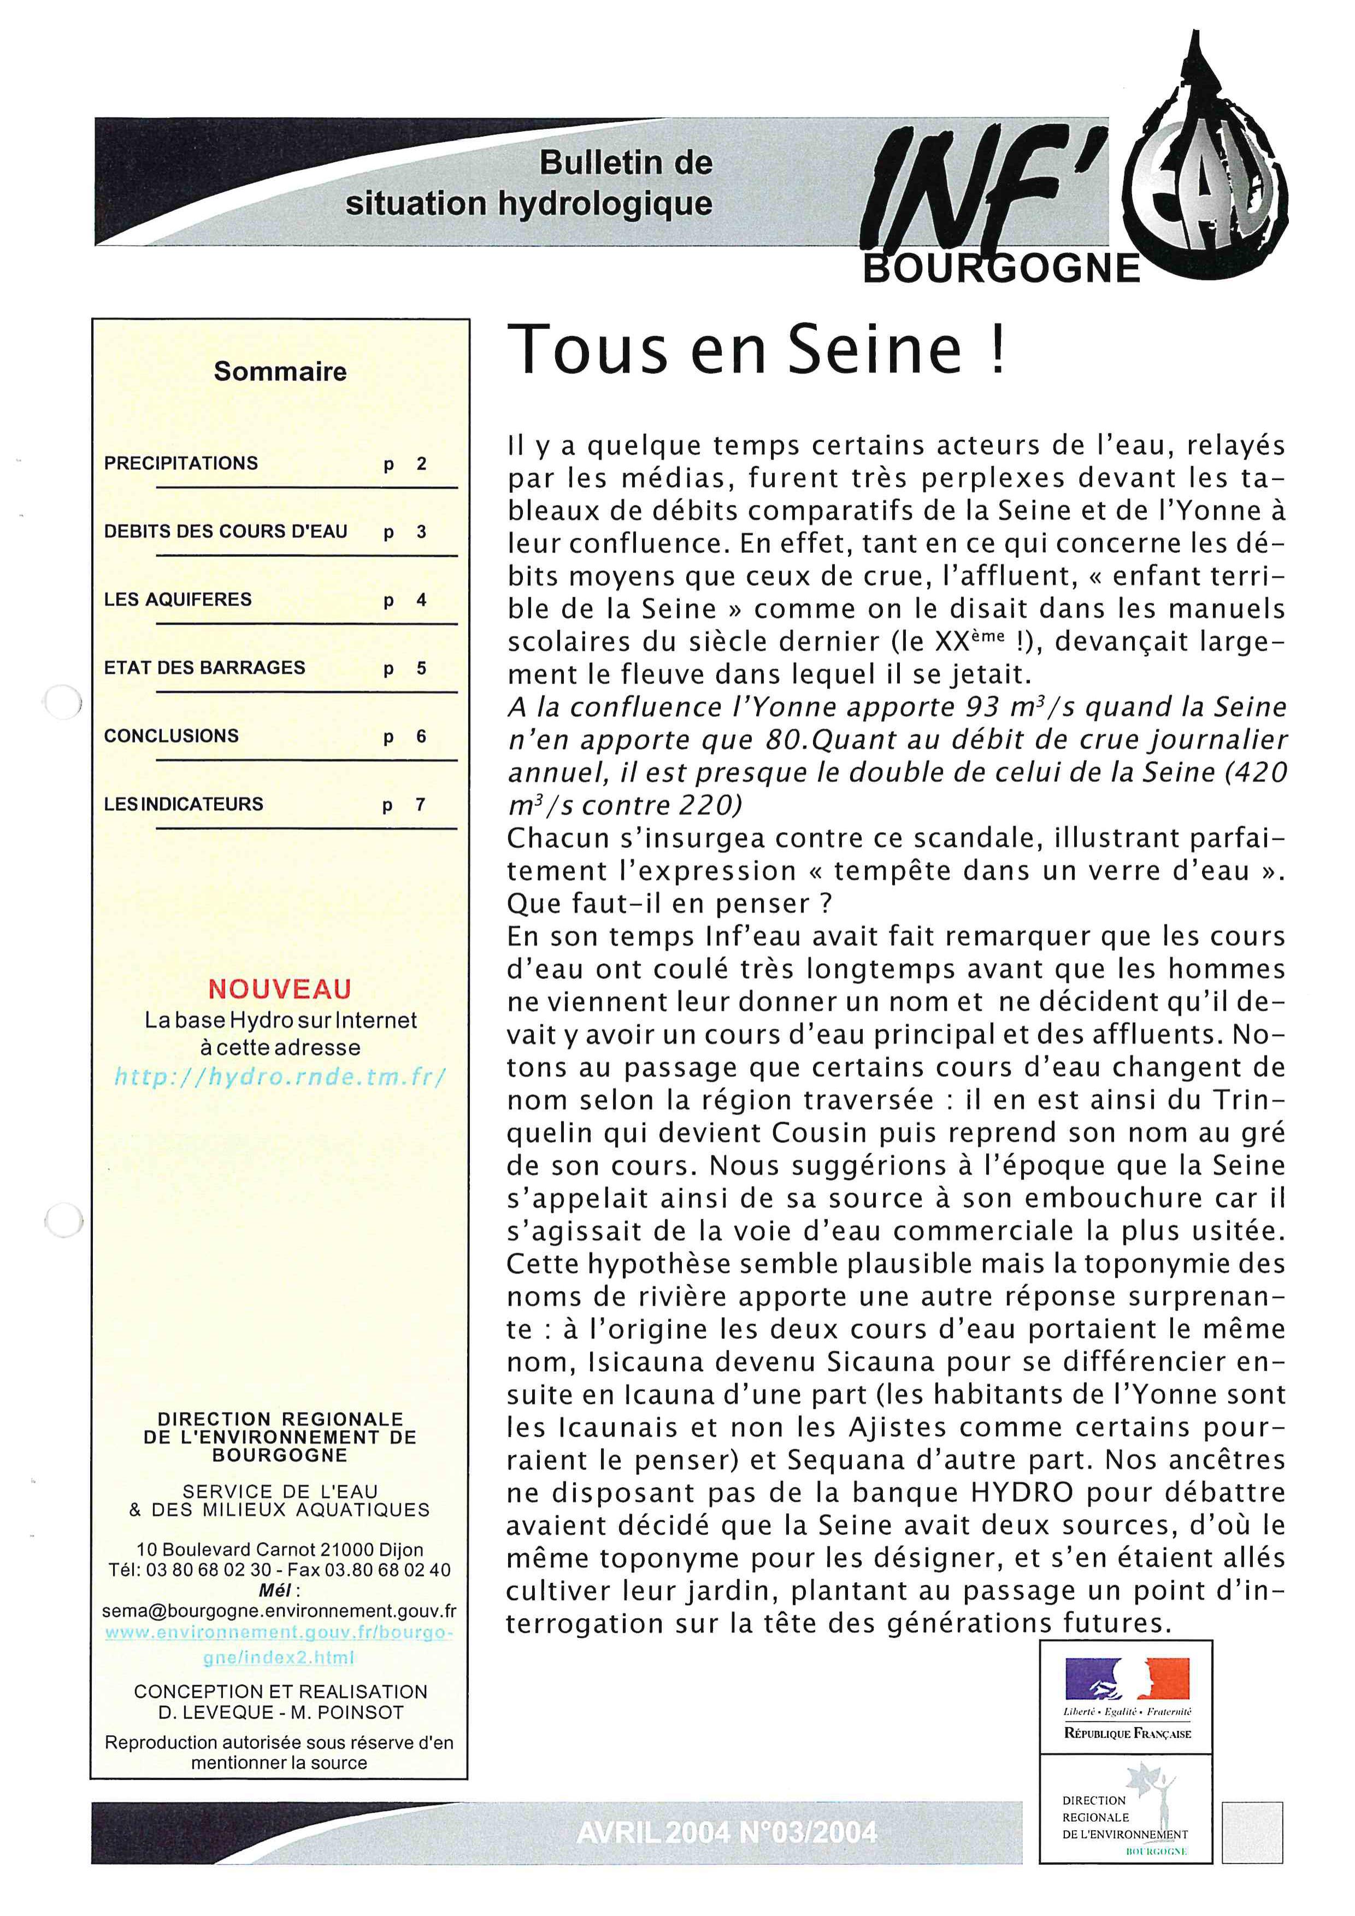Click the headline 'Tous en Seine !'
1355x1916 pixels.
[x=758, y=350]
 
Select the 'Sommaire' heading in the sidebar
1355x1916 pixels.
[x=280, y=372]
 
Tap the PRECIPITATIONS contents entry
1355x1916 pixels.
[x=181, y=463]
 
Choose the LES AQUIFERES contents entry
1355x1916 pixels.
[x=178, y=599]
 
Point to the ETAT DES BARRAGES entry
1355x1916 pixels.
[x=204, y=668]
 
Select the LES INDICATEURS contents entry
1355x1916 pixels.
[x=184, y=804]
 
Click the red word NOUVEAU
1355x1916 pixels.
[x=280, y=990]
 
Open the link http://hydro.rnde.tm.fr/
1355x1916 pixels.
[x=280, y=1077]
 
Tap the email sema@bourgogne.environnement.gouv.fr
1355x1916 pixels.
[x=279, y=1611]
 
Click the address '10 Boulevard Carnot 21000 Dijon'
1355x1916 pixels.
[x=280, y=1549]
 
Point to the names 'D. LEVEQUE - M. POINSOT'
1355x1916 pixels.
[x=280, y=1712]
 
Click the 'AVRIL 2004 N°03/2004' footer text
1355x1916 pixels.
[x=726, y=1832]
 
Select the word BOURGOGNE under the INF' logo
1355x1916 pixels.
[x=1001, y=269]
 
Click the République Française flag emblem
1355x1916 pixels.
[x=1127, y=1679]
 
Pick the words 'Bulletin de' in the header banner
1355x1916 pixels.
[x=626, y=163]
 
